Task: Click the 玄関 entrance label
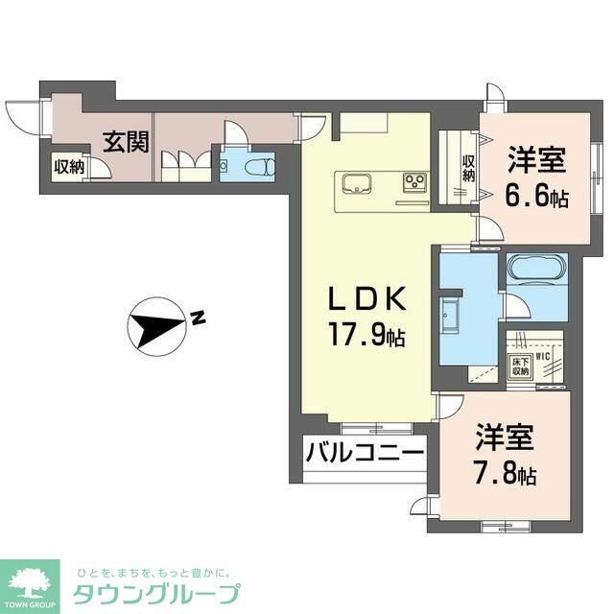pos(126,143)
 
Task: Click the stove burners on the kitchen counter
pos(413,181)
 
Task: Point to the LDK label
pos(367,300)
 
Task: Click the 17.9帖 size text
pos(368,337)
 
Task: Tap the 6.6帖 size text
pos(536,197)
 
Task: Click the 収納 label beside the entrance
pos(68,166)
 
